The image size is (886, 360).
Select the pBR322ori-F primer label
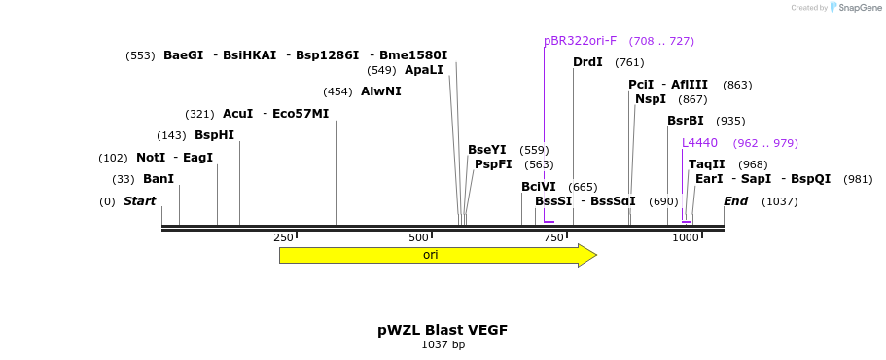[x=580, y=41]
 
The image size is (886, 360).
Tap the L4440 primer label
[x=699, y=143]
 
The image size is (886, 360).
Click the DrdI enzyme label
[x=587, y=62]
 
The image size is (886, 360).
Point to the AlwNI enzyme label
[x=380, y=91]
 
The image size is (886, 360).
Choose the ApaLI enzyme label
[x=423, y=70]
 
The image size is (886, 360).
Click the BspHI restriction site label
[x=214, y=135]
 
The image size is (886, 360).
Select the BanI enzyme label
[x=158, y=179]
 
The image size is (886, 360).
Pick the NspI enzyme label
[x=651, y=99]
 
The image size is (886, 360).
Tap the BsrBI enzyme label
[x=685, y=121]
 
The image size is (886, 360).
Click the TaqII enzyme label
[x=706, y=164]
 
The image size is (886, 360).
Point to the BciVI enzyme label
[x=538, y=187]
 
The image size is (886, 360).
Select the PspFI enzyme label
[x=493, y=164]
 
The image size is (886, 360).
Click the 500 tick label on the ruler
[x=418, y=238]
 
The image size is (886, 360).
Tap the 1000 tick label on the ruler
[x=686, y=238]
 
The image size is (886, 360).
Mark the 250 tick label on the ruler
[x=283, y=238]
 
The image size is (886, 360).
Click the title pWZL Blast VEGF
[x=443, y=330]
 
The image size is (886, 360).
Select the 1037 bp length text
[x=443, y=344]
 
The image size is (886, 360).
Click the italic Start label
[x=139, y=201]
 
